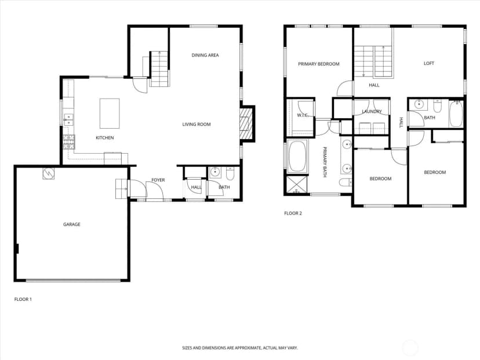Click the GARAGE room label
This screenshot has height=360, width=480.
[72, 224]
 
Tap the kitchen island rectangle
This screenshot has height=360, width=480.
[110, 113]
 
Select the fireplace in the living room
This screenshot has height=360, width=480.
[246, 123]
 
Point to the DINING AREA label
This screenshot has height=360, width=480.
[205, 55]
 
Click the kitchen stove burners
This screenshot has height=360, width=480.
[69, 142]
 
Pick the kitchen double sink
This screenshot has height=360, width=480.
[68, 119]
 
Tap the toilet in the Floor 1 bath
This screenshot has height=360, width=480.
[230, 173]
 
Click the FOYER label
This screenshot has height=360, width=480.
[158, 180]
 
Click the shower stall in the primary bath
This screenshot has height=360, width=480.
[297, 184]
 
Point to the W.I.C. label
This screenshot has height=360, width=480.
[303, 115]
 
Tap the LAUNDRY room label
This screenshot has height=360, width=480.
[372, 111]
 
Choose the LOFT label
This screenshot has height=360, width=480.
[428, 63]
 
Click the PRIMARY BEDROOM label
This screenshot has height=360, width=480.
[319, 64]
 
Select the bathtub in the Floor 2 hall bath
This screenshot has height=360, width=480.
[456, 113]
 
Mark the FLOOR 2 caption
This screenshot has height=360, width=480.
[293, 213]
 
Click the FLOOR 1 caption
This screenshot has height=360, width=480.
[23, 299]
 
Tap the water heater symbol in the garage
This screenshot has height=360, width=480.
[48, 173]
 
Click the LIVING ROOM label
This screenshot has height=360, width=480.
[197, 124]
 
